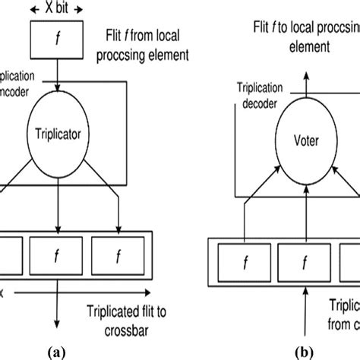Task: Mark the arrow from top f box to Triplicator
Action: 56,84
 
